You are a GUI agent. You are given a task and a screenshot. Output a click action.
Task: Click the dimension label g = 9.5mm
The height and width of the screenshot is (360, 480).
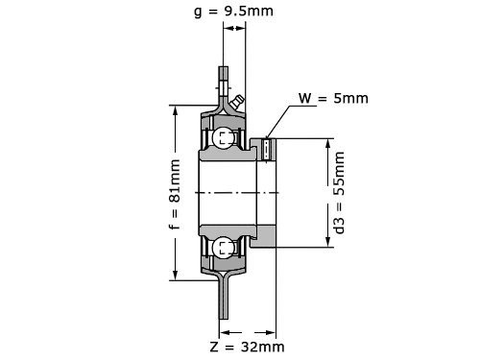[x=234, y=12]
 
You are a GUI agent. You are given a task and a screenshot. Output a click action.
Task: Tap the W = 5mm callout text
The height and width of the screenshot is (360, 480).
[x=333, y=98]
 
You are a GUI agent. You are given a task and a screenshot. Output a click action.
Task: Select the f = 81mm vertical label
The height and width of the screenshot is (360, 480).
[x=175, y=195]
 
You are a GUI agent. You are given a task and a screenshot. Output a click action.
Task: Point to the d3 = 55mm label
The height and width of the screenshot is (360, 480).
[x=339, y=193]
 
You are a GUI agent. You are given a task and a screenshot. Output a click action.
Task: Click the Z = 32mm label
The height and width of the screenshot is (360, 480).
[x=247, y=347]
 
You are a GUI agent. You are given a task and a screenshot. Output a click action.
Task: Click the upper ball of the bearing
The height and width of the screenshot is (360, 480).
[x=223, y=138]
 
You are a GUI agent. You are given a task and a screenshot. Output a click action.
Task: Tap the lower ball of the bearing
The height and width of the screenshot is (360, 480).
[x=223, y=248]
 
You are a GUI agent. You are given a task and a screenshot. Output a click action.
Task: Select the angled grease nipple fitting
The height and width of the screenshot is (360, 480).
[x=237, y=103]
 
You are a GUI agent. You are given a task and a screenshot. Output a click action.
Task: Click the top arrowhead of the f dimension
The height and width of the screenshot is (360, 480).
[x=175, y=111]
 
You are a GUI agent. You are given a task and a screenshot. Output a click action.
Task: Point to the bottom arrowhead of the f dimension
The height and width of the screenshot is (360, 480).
[x=175, y=275]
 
